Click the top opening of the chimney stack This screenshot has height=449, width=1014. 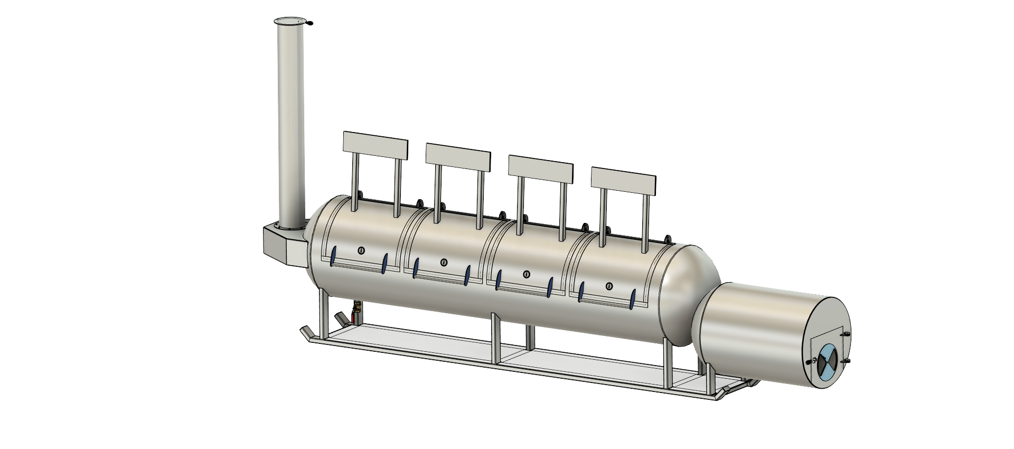pos(289,21)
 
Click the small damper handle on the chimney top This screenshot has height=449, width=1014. pos(309,23)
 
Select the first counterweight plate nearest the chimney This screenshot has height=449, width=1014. pos(375,146)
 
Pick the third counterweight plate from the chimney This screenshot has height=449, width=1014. pos(540,169)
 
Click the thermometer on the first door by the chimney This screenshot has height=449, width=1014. pos(361,250)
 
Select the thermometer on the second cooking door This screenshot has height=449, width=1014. pos(444,261)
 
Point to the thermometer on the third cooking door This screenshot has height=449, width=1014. pos(526,274)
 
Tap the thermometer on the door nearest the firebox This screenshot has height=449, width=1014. pos(609,286)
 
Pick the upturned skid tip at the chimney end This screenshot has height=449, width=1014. pos(305,333)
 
